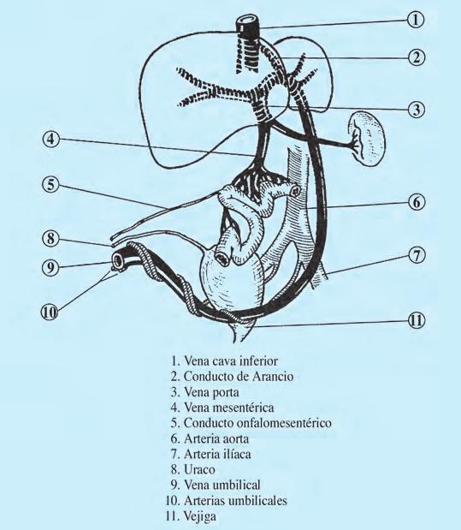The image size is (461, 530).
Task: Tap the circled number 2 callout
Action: pyautogui.click(x=415, y=57)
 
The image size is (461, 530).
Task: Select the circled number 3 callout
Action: pyautogui.click(x=415, y=110)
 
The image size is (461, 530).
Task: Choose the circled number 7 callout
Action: pyautogui.click(x=416, y=256)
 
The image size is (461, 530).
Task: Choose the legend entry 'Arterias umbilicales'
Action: pyautogui.click(x=236, y=502)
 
